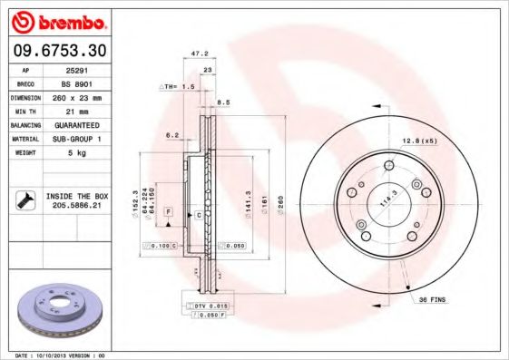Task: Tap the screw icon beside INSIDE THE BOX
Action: coord(25,200)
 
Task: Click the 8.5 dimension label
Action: coord(223,102)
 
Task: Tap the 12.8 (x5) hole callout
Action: coord(419,141)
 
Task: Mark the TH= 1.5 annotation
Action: coord(179,86)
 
